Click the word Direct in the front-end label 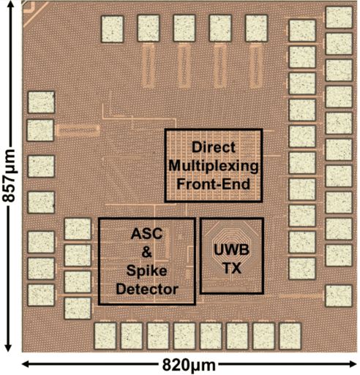[x=212, y=146]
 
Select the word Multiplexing [x=212, y=164]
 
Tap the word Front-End [x=212, y=182]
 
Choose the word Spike [x=147, y=271]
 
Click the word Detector [x=147, y=289]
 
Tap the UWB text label [x=232, y=249]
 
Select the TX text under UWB [x=232, y=268]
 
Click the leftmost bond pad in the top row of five [x=113, y=27]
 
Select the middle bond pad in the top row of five [x=184, y=27]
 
